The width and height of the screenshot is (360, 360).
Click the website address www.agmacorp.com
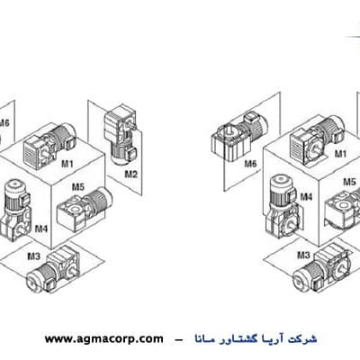104,339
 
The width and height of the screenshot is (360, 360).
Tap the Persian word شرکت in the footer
305,339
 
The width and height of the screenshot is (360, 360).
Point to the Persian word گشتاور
239,339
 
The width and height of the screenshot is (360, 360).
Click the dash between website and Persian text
179,340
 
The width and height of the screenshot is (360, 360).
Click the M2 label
130,174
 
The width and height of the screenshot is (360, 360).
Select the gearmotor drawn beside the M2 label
121,134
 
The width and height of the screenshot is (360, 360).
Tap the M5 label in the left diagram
78,187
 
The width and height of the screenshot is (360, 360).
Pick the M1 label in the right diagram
340,154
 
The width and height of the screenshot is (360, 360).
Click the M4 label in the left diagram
41,229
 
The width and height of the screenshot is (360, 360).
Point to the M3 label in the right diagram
303,256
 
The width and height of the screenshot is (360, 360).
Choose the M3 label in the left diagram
33,256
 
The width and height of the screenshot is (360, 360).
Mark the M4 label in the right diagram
306,197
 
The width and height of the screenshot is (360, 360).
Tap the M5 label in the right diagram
349,182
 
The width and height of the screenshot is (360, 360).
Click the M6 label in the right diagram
250,164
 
